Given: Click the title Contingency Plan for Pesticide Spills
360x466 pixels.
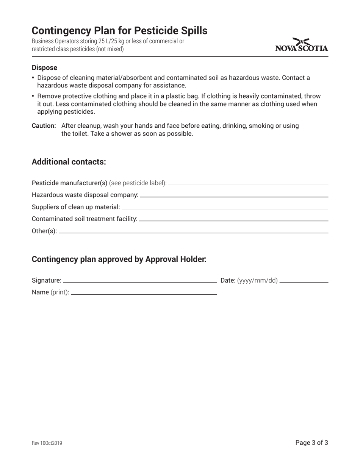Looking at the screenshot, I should click(119, 31).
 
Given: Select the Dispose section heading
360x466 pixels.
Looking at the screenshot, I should click(44, 68).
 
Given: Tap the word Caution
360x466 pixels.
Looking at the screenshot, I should click(44, 126).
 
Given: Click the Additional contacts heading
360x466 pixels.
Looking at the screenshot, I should click(69, 162).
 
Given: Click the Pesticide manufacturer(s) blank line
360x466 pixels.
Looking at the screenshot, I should click(248, 185).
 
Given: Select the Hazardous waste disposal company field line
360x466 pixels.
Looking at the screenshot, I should click(234, 197).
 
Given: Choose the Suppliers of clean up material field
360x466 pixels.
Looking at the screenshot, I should click(225, 208).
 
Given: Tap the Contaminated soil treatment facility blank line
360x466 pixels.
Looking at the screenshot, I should click(233, 220).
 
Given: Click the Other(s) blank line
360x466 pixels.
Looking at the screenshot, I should click(193, 233).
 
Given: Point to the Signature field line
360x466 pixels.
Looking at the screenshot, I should click(140, 282).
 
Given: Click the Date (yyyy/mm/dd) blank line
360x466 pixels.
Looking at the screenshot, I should click(304, 282).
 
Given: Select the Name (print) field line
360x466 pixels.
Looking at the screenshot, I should click(144, 294).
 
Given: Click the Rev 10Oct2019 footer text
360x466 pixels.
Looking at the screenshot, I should click(47, 443).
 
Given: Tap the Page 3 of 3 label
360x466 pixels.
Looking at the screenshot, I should click(311, 443).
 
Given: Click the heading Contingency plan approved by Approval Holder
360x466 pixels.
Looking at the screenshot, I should click(119, 259).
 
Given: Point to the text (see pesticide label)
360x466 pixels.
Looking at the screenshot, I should click(138, 183).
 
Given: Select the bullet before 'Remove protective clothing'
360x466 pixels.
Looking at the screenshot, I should click(33, 96).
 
